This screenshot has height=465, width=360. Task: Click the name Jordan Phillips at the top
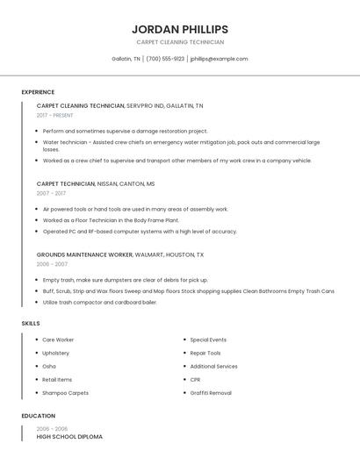tap(179, 29)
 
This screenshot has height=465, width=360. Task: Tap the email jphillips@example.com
tap(219, 59)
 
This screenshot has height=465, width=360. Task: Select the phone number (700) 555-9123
tap(165, 59)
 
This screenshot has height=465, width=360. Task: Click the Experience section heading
tap(38, 92)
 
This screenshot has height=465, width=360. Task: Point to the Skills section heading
tap(31, 324)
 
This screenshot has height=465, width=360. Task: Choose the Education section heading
tap(38, 416)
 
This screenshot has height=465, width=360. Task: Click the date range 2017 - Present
tap(55, 115)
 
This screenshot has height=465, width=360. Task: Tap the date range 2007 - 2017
tap(51, 193)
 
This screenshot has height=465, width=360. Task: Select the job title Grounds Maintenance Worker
tap(84, 254)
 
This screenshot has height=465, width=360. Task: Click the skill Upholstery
tap(56, 353)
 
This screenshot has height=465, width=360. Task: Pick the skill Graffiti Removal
tap(211, 393)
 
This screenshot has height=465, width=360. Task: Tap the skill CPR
tap(195, 380)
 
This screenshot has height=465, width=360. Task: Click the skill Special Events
tap(208, 340)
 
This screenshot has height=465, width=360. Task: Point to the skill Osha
tap(49, 366)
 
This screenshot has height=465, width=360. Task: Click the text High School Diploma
tap(69, 436)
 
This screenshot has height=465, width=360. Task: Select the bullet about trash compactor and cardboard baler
tap(99, 302)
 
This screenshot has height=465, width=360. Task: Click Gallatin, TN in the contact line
tap(126, 59)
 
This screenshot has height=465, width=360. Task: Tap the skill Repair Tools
tap(205, 353)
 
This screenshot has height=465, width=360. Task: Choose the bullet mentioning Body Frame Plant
tap(111, 220)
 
